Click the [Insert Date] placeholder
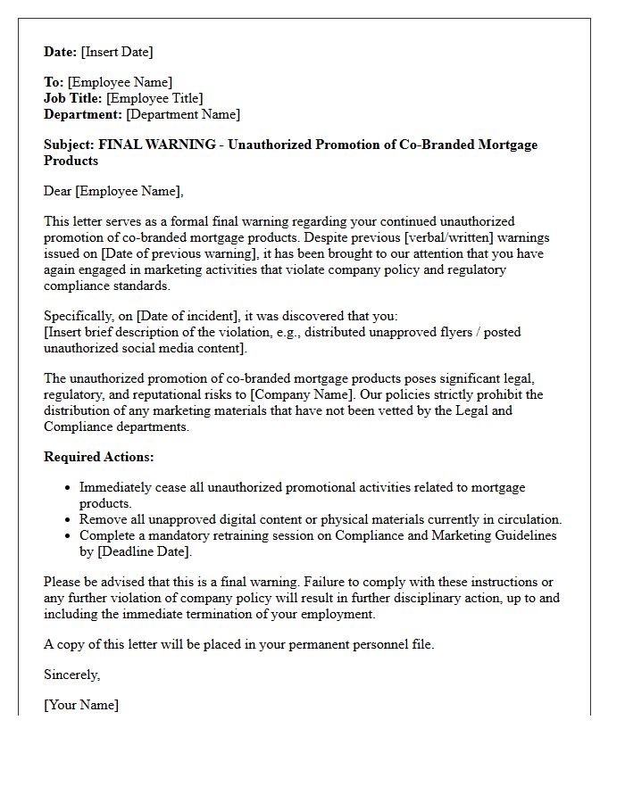tap(117, 52)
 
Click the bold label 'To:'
tap(54, 82)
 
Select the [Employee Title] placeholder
tap(155, 98)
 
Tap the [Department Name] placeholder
tap(183, 114)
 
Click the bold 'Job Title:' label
tap(72, 98)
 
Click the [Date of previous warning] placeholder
tap(171, 253)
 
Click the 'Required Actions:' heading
tap(99, 457)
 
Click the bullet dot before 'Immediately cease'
tap(68, 488)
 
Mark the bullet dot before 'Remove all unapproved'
tap(68, 520)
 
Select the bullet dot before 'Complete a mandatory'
tap(68, 536)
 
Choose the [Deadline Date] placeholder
tap(144, 551)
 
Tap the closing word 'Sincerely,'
tap(71, 675)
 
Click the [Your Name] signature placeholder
tap(81, 705)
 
